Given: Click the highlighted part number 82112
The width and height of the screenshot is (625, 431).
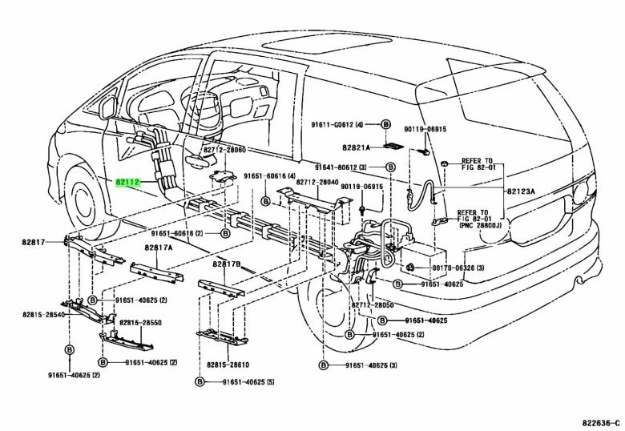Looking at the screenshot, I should (x=128, y=183).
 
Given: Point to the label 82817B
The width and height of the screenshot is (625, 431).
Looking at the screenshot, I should (x=228, y=264).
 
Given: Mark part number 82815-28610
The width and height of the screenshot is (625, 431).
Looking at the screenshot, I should (x=230, y=365).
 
